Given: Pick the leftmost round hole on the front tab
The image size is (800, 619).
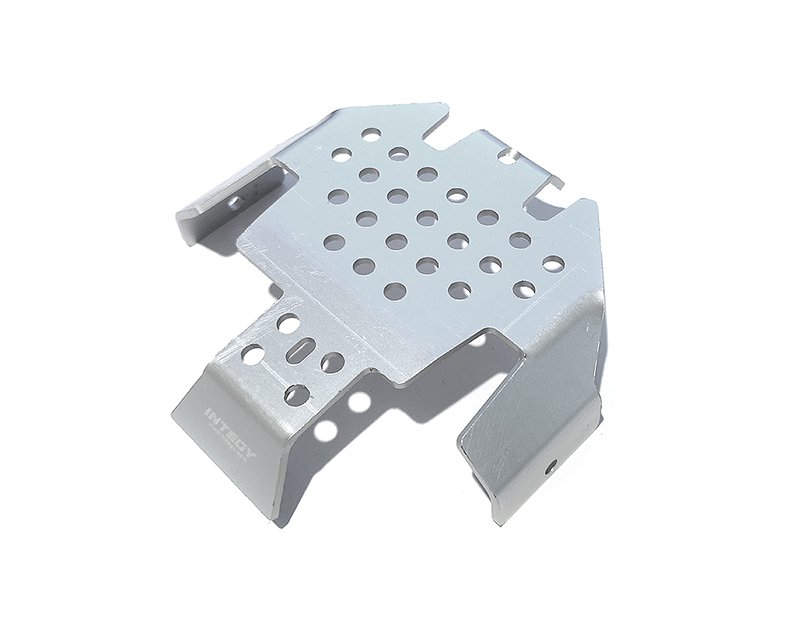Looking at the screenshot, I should (x=253, y=354).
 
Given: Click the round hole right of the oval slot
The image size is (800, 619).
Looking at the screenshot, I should (x=332, y=362).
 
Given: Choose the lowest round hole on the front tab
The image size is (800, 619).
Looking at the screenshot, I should (x=296, y=393).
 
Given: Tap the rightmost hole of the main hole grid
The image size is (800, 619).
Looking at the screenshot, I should (x=551, y=264).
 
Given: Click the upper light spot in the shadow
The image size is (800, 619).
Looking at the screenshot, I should (x=357, y=402).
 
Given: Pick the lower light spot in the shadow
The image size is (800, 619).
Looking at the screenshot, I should (x=326, y=432).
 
